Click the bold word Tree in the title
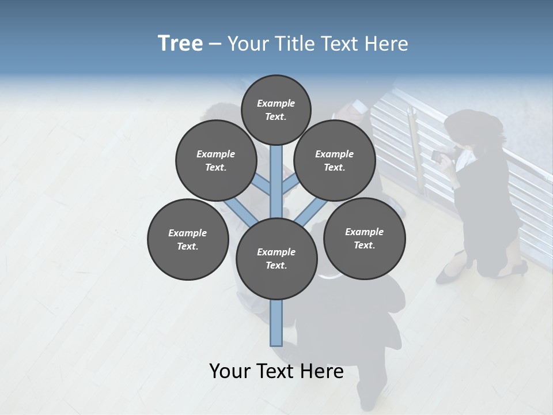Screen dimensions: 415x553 coord(180,43)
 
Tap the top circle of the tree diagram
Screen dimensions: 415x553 coord(276,110)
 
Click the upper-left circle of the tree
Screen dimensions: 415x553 coord(215,160)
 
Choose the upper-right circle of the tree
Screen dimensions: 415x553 coord(334,160)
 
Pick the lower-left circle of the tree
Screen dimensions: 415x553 coord(188,239)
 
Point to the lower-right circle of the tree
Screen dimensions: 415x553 coord(364,238)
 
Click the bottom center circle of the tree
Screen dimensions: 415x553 coord(276,258)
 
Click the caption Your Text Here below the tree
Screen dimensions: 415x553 coord(276,371)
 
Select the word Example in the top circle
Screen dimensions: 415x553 coord(276,103)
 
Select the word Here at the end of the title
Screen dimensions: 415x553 coord(389,44)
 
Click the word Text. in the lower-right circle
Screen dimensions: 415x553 coord(364,245)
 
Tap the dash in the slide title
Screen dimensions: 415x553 coord(215,44)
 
